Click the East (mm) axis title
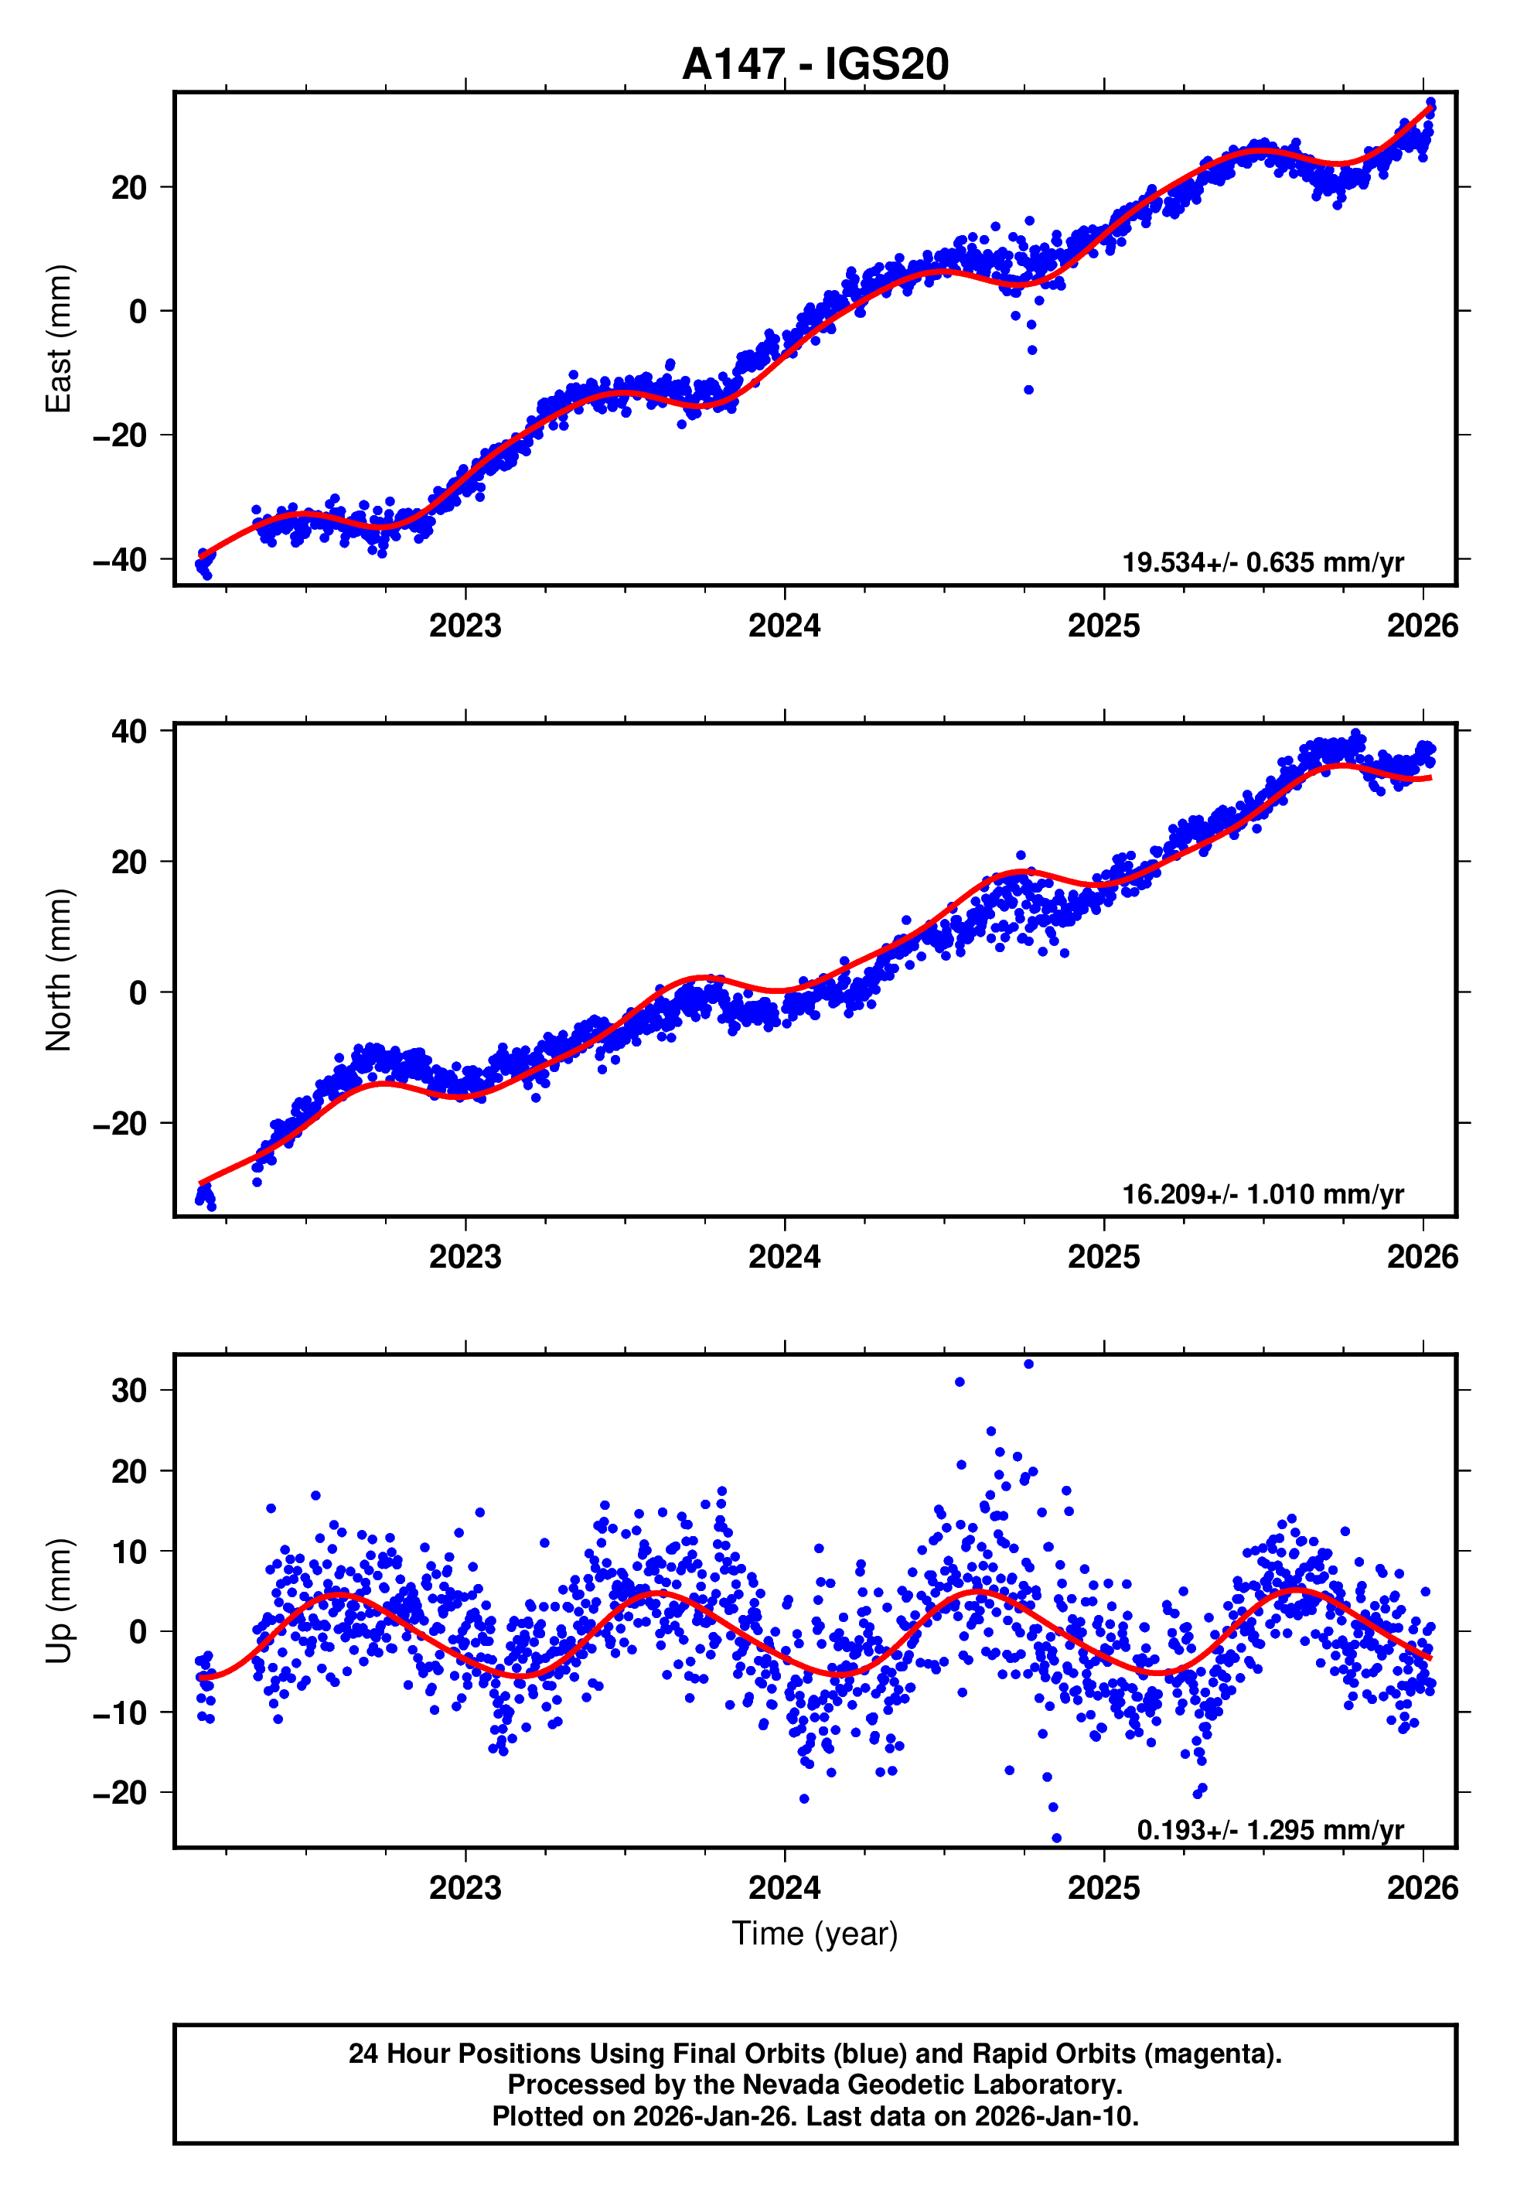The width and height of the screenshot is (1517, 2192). pos(59,339)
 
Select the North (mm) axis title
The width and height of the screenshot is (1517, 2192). pos(59,970)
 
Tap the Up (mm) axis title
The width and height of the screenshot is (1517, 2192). pos(59,1601)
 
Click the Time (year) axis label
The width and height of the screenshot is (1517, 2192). pos(815,1934)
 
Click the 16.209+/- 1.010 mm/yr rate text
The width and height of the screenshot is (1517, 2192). pos(1263,1194)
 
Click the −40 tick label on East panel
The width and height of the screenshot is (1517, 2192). pos(120,560)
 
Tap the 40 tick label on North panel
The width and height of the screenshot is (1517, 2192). pos(129,732)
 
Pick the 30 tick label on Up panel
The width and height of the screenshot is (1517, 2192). pos(129,1391)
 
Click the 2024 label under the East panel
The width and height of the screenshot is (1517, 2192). pos(784,626)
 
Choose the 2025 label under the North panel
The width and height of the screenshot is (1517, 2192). pos(1103,1257)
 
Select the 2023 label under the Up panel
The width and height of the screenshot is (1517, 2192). pos(465,1888)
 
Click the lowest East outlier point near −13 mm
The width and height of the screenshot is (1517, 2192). pos(1028,390)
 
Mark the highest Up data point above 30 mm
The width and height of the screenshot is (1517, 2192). pos(1028,1364)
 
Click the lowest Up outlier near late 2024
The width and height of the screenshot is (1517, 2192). pos(1056,1839)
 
